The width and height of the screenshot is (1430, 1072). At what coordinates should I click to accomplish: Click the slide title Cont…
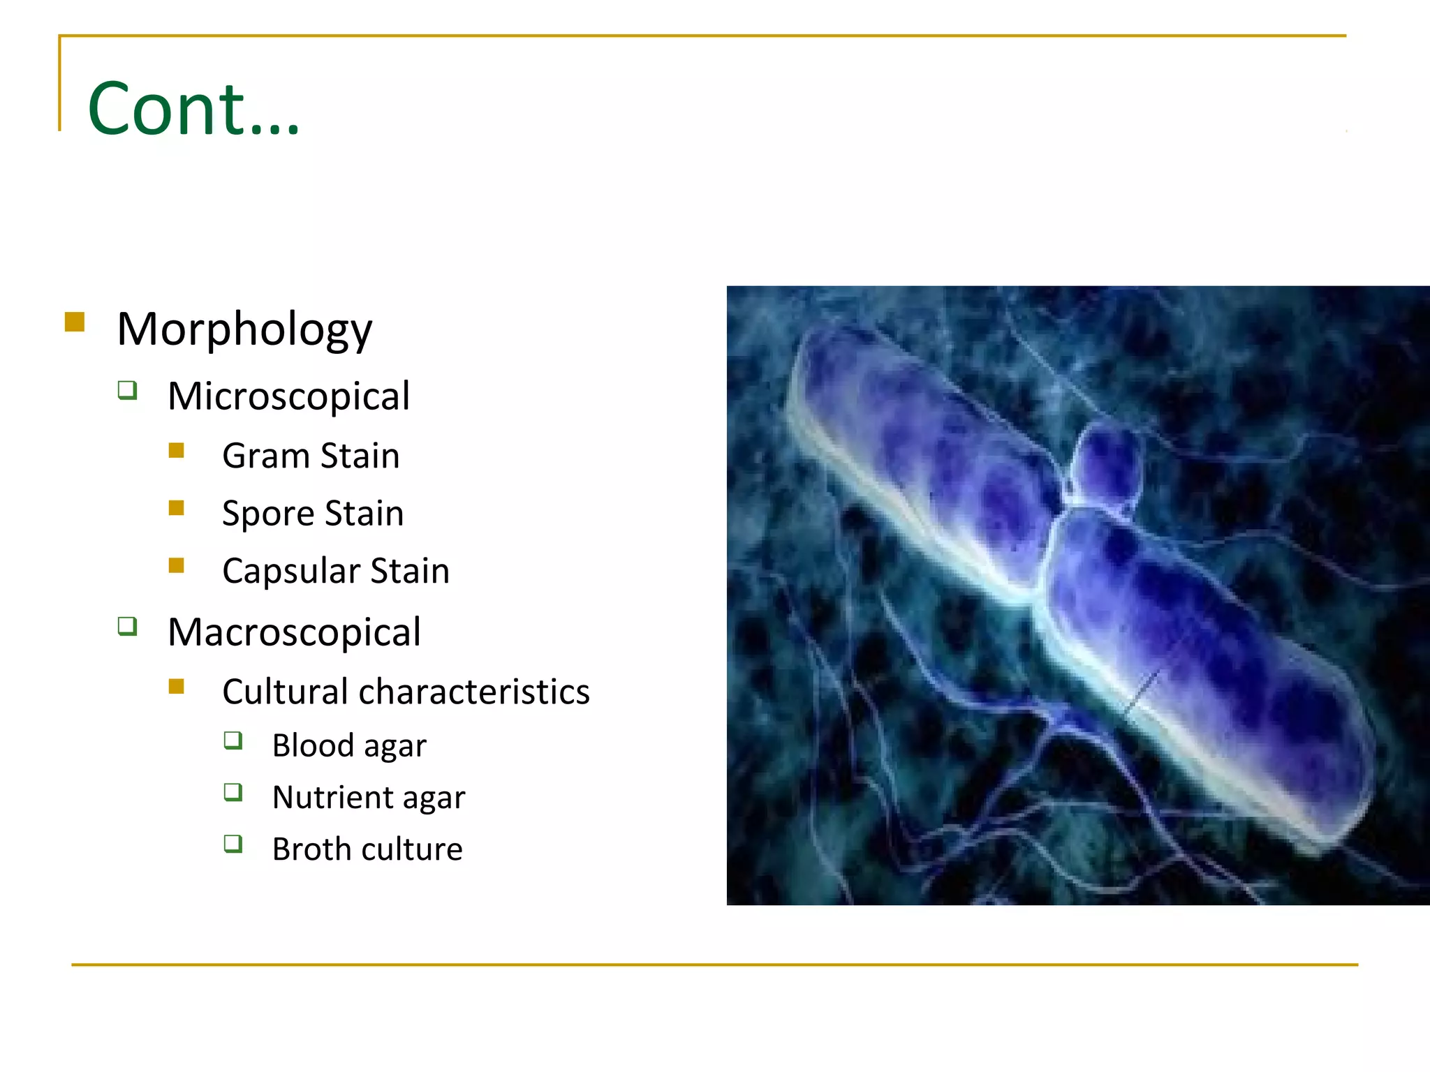[193, 110]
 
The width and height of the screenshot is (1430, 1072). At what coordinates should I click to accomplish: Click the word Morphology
[244, 329]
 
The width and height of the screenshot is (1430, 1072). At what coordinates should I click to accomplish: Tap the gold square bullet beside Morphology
[75, 322]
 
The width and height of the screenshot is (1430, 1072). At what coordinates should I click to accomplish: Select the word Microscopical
[288, 396]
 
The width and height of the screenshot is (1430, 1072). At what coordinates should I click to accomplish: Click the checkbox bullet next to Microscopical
[127, 389]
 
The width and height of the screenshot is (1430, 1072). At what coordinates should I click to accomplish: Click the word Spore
[268, 514]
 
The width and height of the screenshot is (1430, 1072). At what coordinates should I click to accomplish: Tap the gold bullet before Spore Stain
[176, 507]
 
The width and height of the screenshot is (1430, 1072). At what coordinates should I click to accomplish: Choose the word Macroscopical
[294, 632]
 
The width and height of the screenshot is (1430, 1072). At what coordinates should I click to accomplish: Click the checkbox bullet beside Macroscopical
[127, 625]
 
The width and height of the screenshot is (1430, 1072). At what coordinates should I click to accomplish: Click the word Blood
[313, 745]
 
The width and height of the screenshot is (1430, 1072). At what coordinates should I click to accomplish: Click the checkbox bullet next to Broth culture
[233, 844]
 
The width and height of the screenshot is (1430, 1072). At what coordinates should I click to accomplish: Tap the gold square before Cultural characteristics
[176, 687]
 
